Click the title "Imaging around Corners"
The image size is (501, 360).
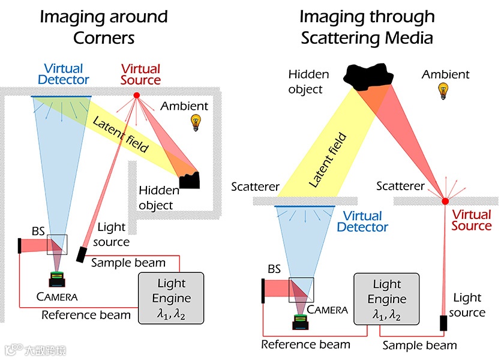(x=103, y=28)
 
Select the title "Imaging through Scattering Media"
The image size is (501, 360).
(x=367, y=28)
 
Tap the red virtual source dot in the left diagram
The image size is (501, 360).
(x=136, y=95)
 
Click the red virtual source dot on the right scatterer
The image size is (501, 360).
(x=445, y=200)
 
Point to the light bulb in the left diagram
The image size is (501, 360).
(x=195, y=122)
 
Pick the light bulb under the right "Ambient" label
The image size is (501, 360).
(x=445, y=91)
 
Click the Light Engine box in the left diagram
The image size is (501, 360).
(x=172, y=298)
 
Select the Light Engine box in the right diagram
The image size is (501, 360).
(x=386, y=299)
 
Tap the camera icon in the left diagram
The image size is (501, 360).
(x=58, y=278)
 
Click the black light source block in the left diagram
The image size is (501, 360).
(x=82, y=254)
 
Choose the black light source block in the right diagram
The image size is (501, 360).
(x=444, y=322)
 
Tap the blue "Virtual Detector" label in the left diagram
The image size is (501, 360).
(x=63, y=74)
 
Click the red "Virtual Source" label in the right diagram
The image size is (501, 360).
(x=471, y=220)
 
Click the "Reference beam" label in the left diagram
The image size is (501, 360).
(x=86, y=315)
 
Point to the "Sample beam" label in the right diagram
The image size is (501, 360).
(x=419, y=346)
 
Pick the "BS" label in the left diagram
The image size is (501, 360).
(x=38, y=230)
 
